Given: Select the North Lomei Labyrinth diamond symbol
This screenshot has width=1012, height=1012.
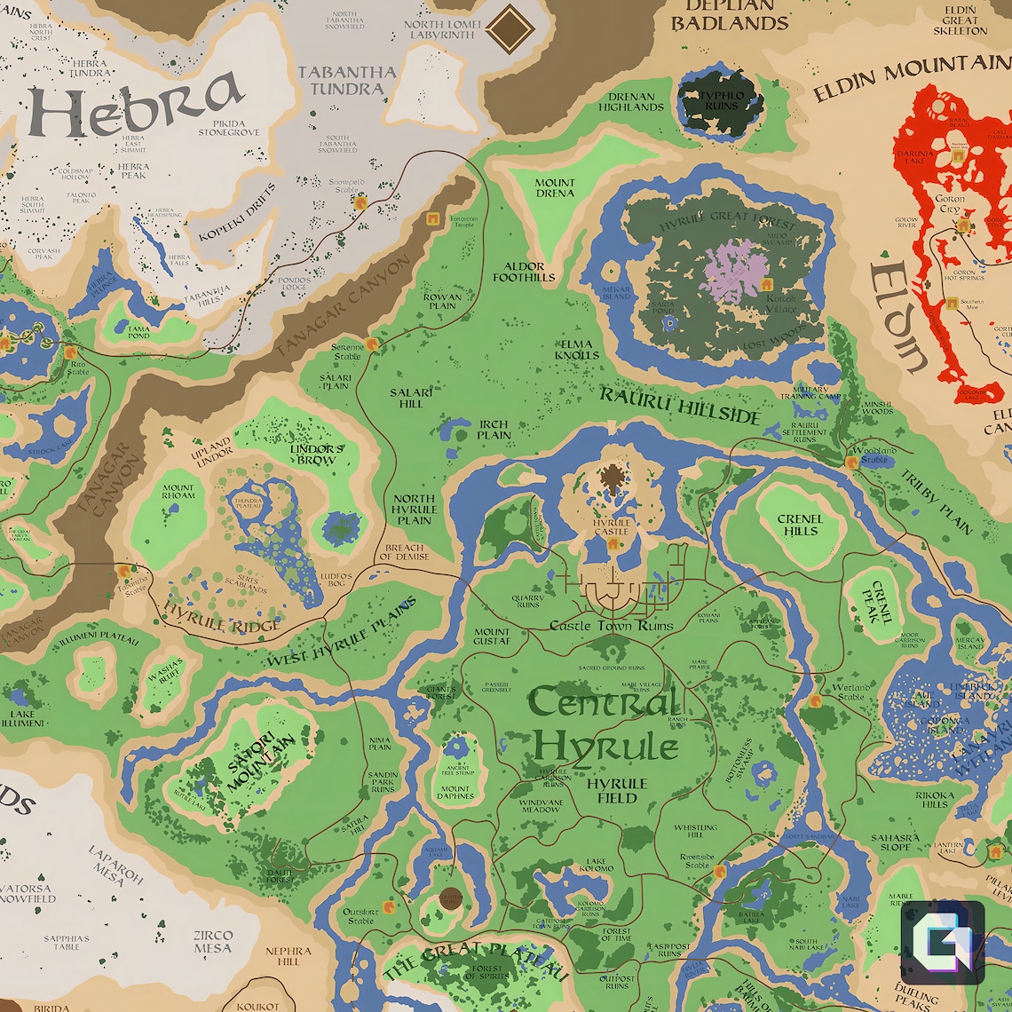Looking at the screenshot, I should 510,28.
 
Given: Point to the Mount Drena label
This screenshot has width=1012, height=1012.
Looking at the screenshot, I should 554,187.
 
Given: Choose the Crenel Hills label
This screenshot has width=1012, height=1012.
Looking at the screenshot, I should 799,525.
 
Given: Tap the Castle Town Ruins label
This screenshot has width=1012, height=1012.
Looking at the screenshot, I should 612,626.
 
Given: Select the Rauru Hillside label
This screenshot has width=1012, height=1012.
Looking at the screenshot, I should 680,405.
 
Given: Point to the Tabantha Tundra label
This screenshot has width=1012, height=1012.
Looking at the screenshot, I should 346,80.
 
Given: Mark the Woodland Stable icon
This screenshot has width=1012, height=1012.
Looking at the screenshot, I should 850,462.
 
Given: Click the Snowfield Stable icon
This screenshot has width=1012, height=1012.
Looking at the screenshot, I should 361,202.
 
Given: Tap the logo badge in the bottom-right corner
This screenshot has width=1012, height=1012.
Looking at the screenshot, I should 942,943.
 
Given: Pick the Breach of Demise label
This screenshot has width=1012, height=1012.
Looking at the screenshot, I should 404,552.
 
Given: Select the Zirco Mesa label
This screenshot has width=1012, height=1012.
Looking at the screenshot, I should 213,941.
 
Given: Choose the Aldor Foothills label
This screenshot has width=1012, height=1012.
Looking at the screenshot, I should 530,272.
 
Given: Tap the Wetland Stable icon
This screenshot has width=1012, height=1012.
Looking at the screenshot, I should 815,702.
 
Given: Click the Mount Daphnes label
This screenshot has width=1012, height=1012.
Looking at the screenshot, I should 456,792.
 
